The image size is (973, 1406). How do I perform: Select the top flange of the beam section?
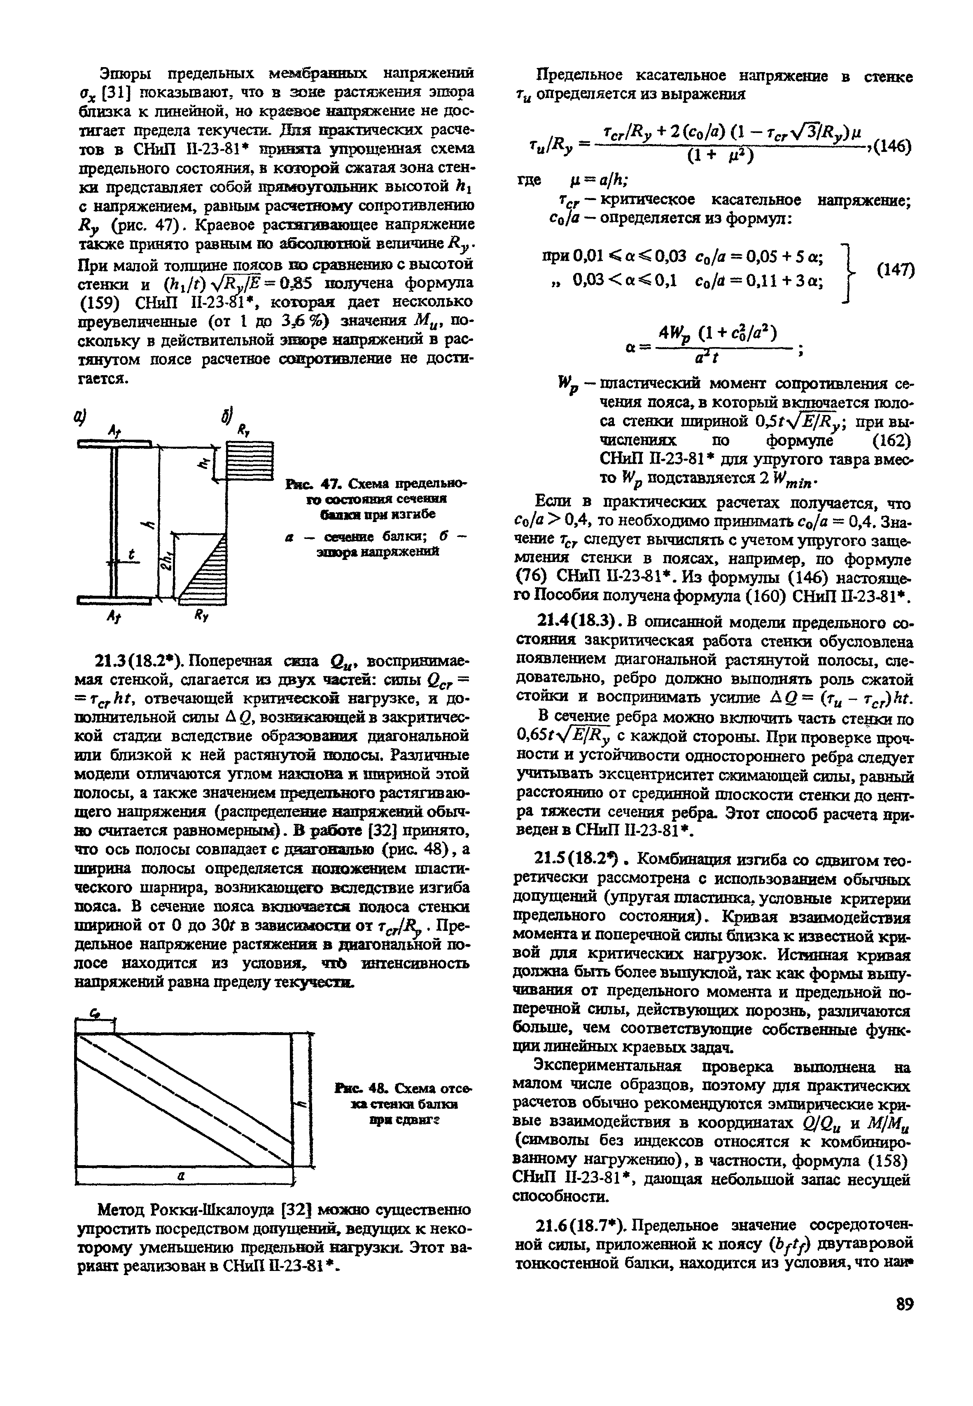coord(114,444)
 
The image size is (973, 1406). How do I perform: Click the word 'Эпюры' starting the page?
coord(124,74)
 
